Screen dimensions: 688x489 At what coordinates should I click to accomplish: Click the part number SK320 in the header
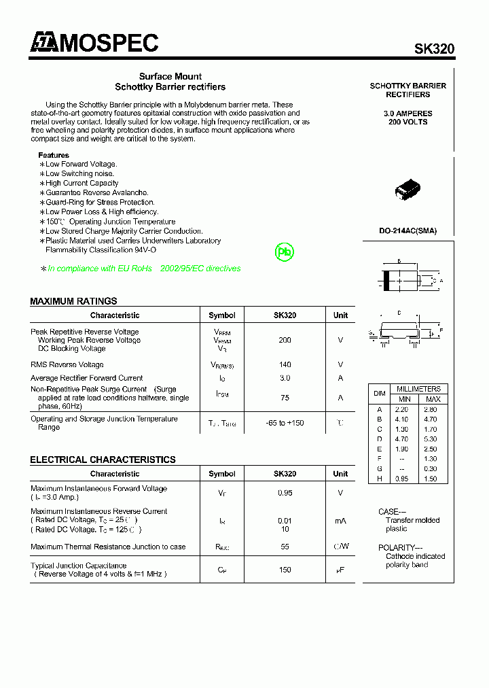(x=435, y=49)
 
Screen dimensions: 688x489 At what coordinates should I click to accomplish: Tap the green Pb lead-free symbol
(x=285, y=252)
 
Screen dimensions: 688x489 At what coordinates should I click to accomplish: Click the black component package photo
(x=407, y=192)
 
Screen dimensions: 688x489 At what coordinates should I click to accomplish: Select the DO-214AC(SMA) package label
(x=407, y=230)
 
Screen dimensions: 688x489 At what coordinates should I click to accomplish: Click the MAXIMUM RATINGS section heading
(x=73, y=301)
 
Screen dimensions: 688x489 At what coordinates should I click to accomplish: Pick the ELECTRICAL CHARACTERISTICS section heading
(x=103, y=460)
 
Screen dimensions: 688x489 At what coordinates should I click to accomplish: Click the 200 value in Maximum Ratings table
(x=285, y=340)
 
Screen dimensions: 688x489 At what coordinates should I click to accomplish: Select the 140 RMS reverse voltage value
(x=285, y=365)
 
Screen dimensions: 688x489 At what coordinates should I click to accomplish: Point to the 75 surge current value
(x=285, y=398)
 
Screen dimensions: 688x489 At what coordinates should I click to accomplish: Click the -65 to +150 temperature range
(x=285, y=423)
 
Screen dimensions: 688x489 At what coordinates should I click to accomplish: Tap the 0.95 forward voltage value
(x=285, y=493)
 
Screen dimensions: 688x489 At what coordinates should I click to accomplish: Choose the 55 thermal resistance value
(x=285, y=547)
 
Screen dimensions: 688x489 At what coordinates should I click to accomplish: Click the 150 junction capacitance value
(x=285, y=570)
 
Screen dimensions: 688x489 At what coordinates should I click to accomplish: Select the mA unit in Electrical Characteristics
(x=340, y=521)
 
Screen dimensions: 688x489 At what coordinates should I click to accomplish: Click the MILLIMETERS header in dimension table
(x=419, y=389)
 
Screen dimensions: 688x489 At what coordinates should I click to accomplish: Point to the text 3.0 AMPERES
(x=407, y=114)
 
